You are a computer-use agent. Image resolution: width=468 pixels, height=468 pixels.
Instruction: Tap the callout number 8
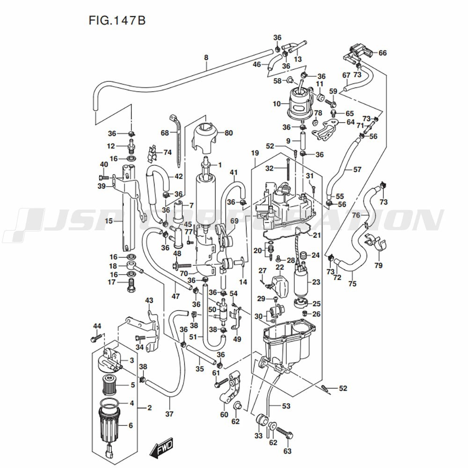[206, 58]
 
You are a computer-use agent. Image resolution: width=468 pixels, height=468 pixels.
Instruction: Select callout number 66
[382, 53]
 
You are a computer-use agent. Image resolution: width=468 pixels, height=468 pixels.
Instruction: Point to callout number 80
[228, 133]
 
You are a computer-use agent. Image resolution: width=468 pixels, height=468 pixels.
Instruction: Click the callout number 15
[109, 220]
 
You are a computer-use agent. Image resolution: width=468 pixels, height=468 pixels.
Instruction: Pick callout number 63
[287, 451]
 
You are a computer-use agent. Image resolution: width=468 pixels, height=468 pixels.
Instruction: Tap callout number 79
[378, 266]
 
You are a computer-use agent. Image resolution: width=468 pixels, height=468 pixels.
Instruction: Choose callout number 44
[97, 326]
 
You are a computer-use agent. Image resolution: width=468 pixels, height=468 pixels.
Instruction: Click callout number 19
[255, 153]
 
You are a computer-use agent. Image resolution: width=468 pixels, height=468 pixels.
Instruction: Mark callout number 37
[169, 414]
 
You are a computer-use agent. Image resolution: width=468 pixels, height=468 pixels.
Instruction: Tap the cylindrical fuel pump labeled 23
[300, 282]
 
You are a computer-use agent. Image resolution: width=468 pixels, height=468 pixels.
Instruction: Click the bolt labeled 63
[285, 434]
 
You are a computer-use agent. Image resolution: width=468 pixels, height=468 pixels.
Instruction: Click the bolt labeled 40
[104, 177]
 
